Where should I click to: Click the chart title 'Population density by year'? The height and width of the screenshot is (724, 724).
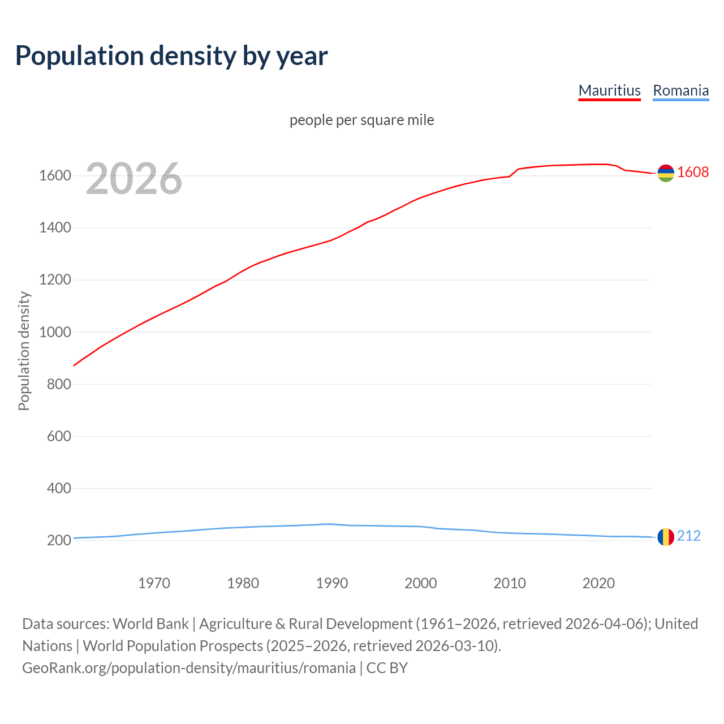click(x=171, y=55)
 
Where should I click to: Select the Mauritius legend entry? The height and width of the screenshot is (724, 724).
click(x=609, y=90)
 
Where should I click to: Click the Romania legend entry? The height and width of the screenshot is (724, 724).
click(x=680, y=90)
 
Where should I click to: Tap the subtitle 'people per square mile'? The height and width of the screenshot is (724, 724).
click(x=361, y=120)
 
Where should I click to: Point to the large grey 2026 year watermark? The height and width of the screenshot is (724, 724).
click(x=134, y=179)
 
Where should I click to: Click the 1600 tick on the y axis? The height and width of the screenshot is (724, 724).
click(x=55, y=176)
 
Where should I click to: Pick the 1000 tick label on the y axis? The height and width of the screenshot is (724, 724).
click(x=55, y=332)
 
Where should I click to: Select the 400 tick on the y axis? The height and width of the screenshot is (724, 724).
click(x=58, y=488)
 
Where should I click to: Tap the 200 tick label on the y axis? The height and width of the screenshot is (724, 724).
click(x=58, y=540)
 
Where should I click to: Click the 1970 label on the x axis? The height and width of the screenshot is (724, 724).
click(x=154, y=583)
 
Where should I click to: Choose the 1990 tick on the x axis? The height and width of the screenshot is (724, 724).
click(x=332, y=583)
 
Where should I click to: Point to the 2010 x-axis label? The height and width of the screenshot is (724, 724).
click(x=510, y=583)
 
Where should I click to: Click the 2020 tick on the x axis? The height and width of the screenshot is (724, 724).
click(x=598, y=583)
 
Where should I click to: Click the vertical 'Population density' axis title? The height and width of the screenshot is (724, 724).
click(x=24, y=351)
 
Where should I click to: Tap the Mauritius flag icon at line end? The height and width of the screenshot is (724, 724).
click(x=666, y=173)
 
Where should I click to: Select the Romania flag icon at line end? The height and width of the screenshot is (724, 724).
click(x=666, y=536)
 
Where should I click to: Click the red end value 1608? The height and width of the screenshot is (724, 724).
click(x=693, y=173)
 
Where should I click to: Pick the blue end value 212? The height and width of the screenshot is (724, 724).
click(x=688, y=536)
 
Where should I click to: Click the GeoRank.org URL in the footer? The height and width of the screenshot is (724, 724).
click(x=189, y=668)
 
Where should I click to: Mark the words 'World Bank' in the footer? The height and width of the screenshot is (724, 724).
click(x=150, y=624)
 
